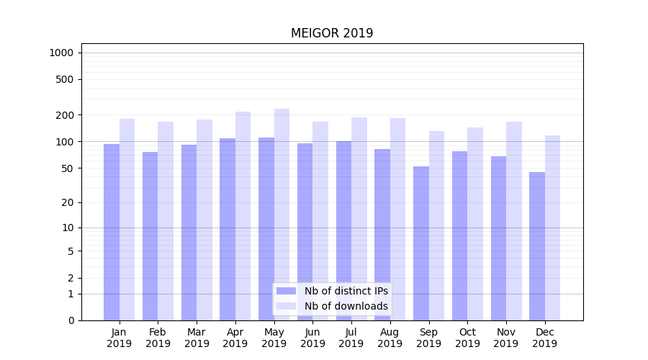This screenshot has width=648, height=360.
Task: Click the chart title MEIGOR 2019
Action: (x=332, y=33)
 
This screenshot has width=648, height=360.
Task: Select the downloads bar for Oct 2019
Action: (x=475, y=224)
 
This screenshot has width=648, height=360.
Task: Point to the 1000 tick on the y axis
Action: (x=61, y=53)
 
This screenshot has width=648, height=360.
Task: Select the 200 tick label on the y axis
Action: (x=64, y=115)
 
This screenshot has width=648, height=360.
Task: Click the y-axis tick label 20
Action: (x=67, y=202)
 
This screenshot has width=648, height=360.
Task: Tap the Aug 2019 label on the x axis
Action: (x=390, y=338)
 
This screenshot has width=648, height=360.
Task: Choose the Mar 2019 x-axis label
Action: (x=197, y=338)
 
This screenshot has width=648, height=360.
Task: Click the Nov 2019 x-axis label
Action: (x=506, y=338)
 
